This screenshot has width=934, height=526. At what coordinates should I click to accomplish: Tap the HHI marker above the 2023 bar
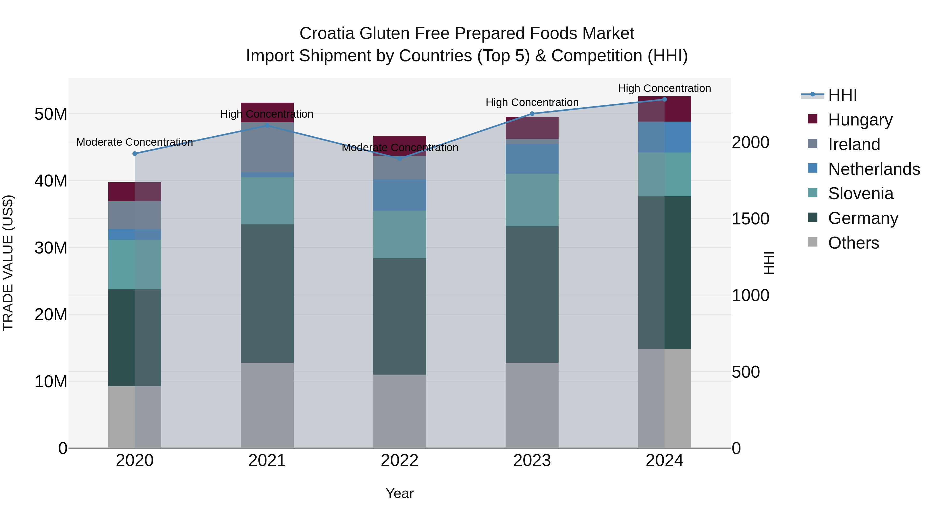[532, 114]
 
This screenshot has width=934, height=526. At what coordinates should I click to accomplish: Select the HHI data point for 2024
[664, 99]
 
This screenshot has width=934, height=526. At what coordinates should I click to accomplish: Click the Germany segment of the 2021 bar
[267, 293]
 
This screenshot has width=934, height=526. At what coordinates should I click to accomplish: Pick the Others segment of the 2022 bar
[400, 411]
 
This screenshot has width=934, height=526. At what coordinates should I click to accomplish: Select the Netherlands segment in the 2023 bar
[532, 159]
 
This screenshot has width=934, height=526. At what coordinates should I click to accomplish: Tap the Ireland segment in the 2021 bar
[267, 147]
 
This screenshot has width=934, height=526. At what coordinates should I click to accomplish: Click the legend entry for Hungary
[860, 120]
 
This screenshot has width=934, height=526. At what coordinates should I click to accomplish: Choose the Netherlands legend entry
[874, 169]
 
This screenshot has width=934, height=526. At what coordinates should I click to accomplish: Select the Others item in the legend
[853, 243]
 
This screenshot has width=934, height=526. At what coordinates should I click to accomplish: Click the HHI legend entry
[842, 95]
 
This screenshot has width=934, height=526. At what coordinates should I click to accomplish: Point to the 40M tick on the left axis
[51, 181]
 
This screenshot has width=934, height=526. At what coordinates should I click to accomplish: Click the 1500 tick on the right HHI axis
[750, 219]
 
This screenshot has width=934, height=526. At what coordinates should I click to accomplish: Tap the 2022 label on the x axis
[400, 461]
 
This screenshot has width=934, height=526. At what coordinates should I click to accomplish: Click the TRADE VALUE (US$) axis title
[8, 263]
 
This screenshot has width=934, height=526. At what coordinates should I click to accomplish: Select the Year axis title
[400, 493]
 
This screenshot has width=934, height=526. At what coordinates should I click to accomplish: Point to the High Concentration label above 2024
[664, 88]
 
